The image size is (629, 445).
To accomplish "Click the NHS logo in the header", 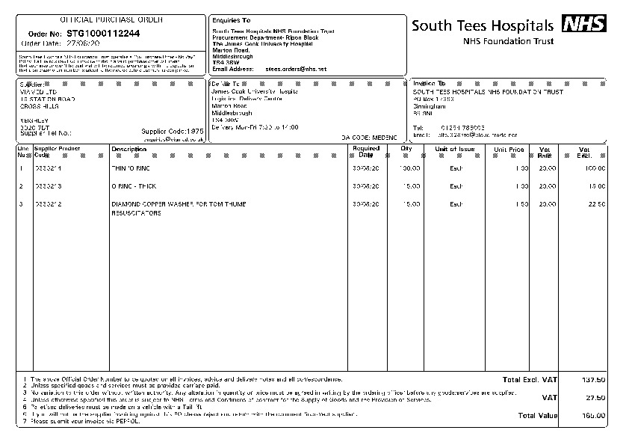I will pos(584,24).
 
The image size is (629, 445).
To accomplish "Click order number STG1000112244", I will pos(103,34).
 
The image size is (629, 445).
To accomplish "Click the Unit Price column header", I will pos(508,149).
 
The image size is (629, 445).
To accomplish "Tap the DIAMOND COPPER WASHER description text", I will pos(179,203).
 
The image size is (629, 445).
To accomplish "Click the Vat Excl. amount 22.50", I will pos(595,203).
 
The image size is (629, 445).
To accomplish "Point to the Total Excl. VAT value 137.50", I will pos(593,380).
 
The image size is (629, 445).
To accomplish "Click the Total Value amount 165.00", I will pos(593,415).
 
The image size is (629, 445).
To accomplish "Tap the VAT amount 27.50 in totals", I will pos(595,397).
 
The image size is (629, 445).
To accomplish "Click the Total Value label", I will pos(537,415).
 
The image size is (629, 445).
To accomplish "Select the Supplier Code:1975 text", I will pos(172,132).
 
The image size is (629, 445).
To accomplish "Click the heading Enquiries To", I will pos(232,20).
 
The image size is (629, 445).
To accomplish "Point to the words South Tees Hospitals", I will pos(483,25).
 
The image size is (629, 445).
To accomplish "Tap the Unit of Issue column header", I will pos(455,149).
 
